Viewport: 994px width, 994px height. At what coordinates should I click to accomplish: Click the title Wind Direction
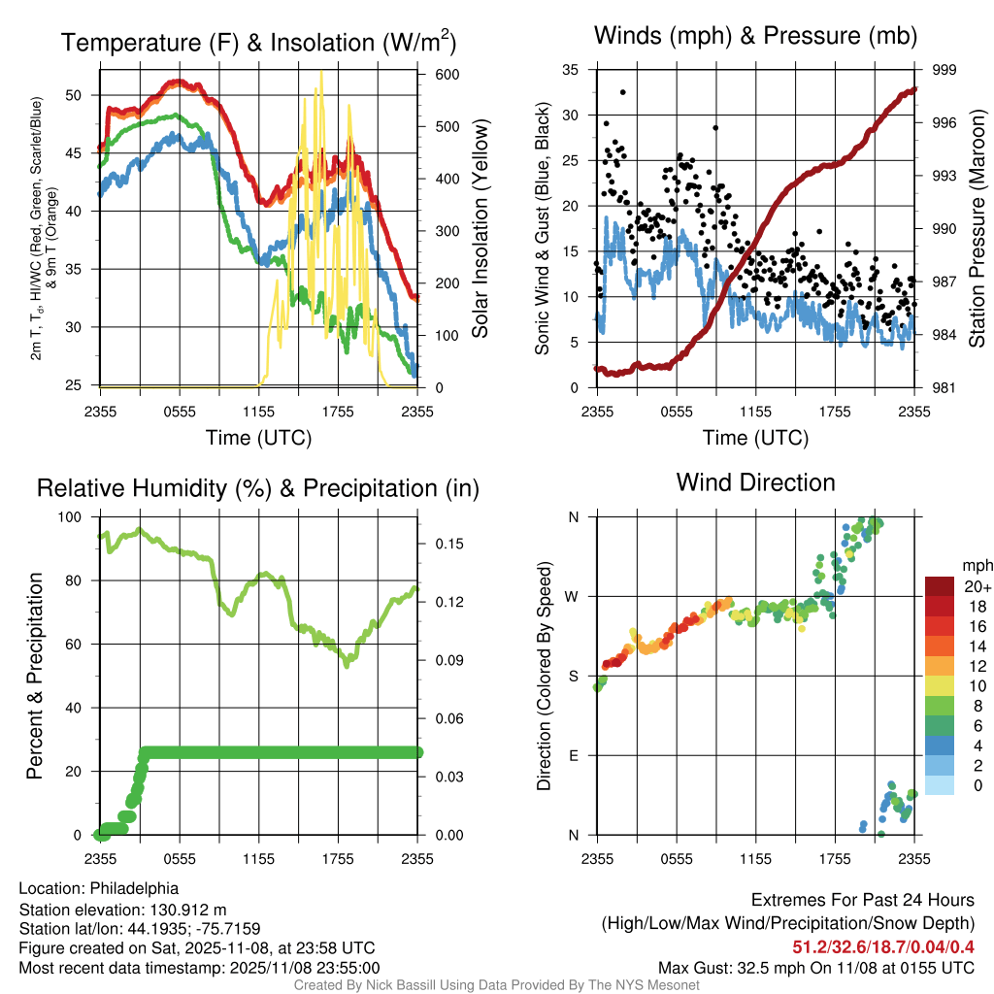755,482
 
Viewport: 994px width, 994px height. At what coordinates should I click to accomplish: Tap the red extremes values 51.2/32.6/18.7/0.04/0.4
883,947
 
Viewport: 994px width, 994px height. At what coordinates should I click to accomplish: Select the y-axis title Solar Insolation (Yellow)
480,228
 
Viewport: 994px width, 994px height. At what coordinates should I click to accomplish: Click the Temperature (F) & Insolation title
258,43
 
